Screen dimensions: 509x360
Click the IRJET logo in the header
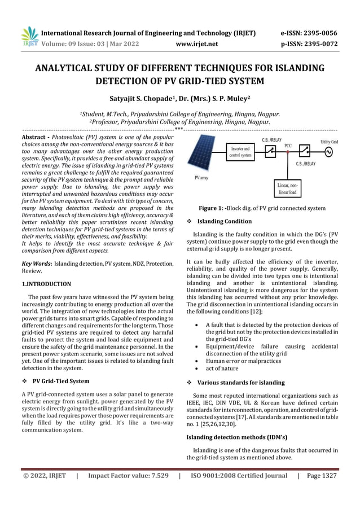[28, 36]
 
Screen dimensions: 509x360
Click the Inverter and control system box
[243, 152]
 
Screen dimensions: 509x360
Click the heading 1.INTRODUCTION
[46, 284]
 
